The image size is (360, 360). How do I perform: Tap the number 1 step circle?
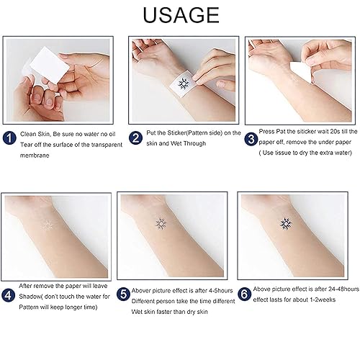pos(9,135)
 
